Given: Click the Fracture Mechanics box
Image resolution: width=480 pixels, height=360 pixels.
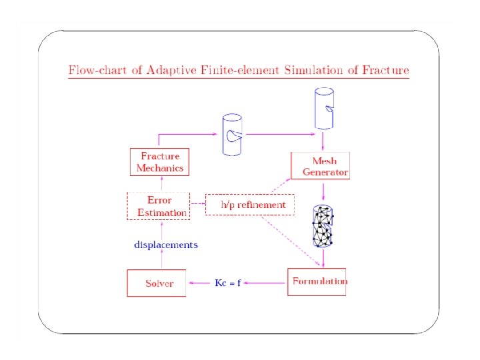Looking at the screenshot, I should (159, 162).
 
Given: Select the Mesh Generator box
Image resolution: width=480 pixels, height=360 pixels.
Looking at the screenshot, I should (320, 165).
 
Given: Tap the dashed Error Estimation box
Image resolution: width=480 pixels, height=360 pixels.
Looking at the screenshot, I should (159, 206).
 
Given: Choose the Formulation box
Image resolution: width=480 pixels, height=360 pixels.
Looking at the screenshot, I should (317, 282).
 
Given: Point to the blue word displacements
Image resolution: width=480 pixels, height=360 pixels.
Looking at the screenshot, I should (166, 245).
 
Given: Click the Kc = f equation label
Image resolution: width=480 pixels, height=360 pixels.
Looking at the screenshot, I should (227, 283).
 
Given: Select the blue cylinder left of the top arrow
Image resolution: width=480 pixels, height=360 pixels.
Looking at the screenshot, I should (232, 135).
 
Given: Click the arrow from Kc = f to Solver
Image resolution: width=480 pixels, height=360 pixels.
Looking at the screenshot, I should (200, 283).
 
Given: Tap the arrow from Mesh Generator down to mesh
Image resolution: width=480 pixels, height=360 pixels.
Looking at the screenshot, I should (323, 192).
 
